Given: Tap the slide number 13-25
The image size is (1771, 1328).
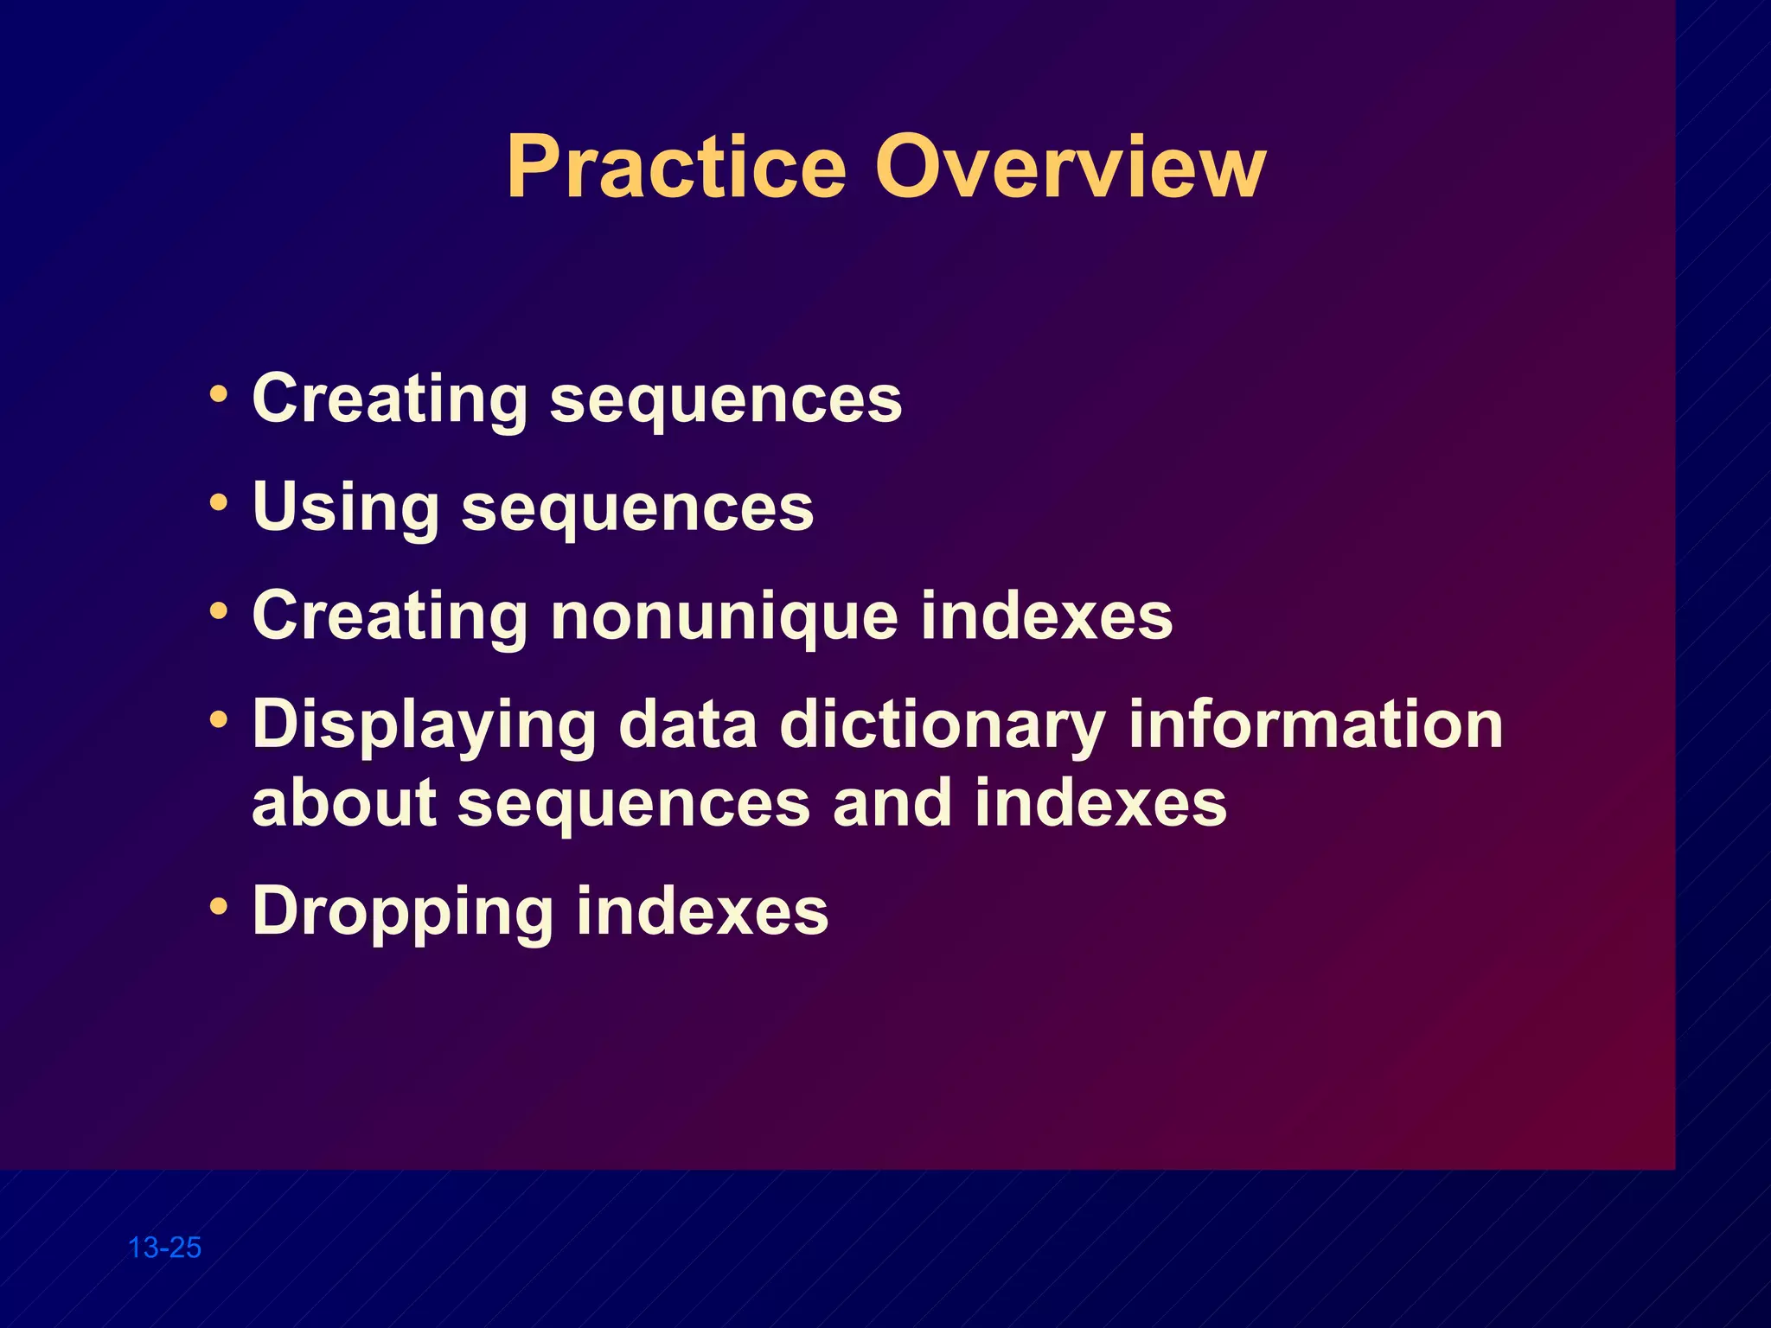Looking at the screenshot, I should (164, 1248).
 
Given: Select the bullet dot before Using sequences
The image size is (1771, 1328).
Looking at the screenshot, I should (220, 502).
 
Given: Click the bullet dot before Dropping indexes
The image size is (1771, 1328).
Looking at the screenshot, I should (220, 907).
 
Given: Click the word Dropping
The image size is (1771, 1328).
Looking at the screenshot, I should (402, 912).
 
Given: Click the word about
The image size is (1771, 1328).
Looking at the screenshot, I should (343, 802).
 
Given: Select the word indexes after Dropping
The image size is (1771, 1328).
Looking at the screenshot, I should (702, 912).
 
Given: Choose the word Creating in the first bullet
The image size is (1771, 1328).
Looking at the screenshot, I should (389, 399).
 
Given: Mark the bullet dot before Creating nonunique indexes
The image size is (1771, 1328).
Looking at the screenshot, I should (220, 611).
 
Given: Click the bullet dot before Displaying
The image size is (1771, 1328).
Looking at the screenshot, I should (220, 719).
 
